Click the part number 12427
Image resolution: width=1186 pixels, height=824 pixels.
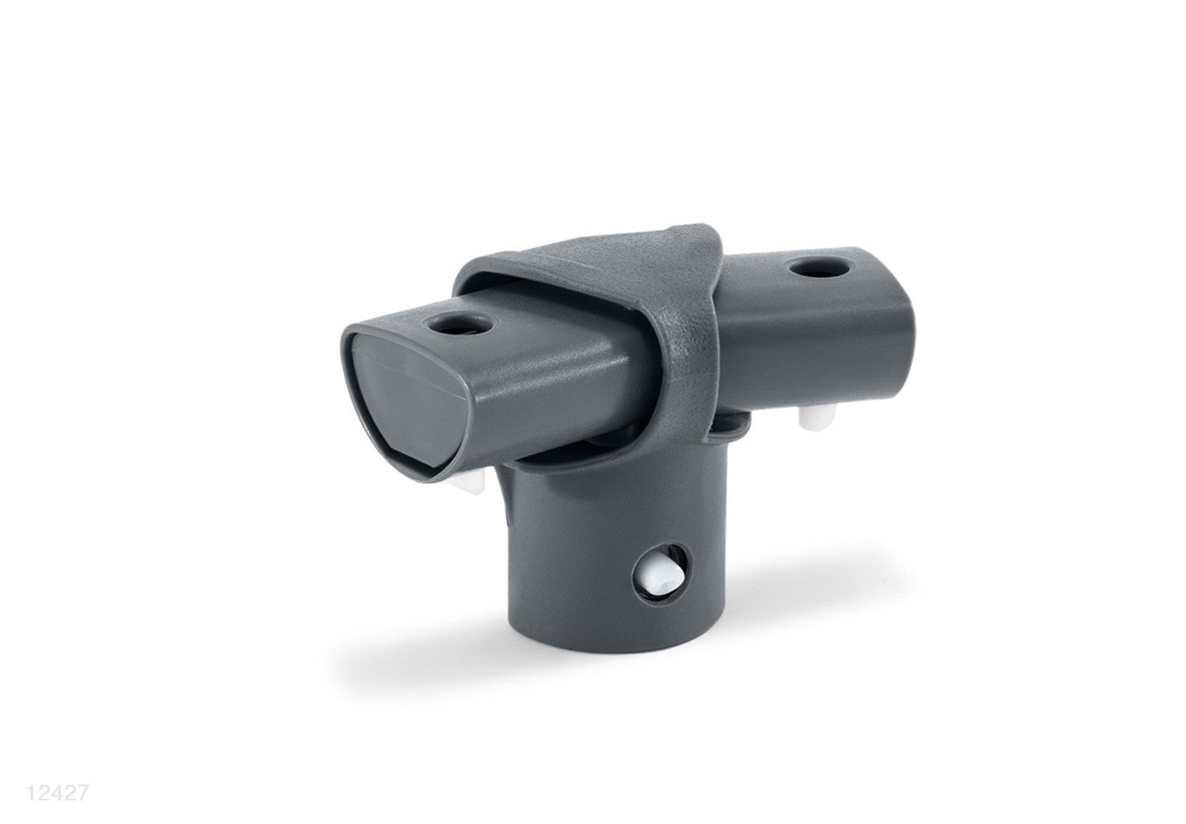pyautogui.click(x=57, y=793)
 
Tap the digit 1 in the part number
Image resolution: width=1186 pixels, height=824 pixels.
pyautogui.click(x=33, y=793)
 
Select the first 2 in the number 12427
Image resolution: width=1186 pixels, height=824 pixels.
pyautogui.click(x=45, y=793)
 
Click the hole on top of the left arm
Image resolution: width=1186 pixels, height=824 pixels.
pyautogui.click(x=453, y=325)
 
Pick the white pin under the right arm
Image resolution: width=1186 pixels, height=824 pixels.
pyautogui.click(x=812, y=418)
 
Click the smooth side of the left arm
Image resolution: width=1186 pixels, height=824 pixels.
pyautogui.click(x=556, y=389)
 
